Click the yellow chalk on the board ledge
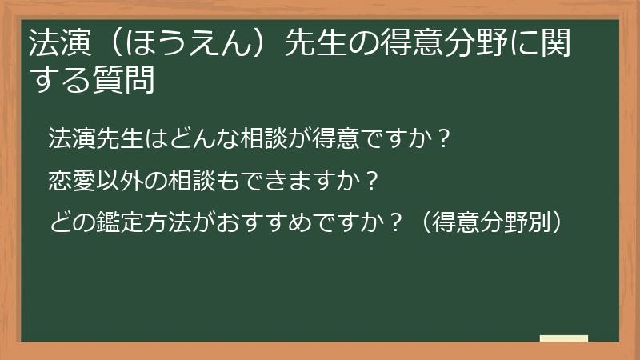564,338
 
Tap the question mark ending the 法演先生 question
446,139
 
